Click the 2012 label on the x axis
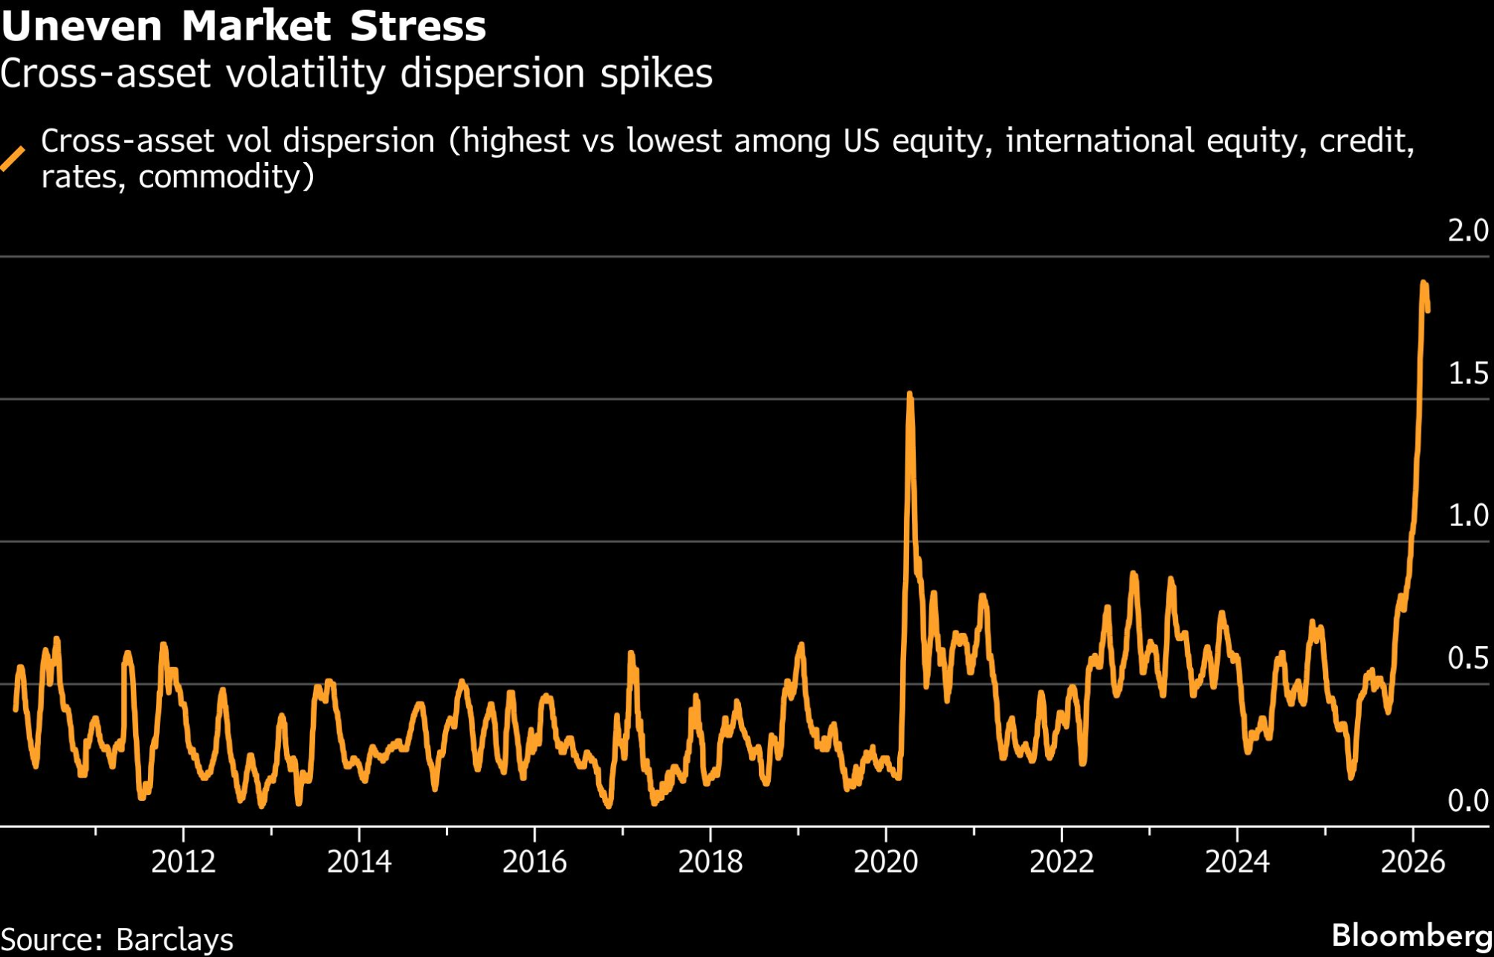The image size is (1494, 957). click(183, 862)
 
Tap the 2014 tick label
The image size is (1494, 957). click(359, 862)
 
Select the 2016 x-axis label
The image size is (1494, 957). click(535, 862)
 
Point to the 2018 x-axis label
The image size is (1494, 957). click(710, 862)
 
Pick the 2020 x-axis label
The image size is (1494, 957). click(886, 862)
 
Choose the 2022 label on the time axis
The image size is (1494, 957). click(1061, 862)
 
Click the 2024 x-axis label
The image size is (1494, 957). click(1237, 862)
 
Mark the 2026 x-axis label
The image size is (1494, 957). click(1413, 862)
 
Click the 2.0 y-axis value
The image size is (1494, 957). click(1468, 231)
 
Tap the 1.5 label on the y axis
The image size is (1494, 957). click(1468, 374)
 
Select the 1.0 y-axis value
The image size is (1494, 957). click(1468, 515)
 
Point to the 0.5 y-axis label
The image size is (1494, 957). click(1468, 658)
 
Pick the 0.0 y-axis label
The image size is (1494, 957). click(1468, 801)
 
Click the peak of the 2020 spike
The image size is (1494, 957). click(910, 393)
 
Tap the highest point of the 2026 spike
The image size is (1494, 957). click(1424, 282)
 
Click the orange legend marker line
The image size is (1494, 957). click(13, 158)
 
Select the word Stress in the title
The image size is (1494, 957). click(418, 26)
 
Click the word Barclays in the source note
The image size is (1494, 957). click(175, 939)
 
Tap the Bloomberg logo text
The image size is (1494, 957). click(1412, 935)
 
